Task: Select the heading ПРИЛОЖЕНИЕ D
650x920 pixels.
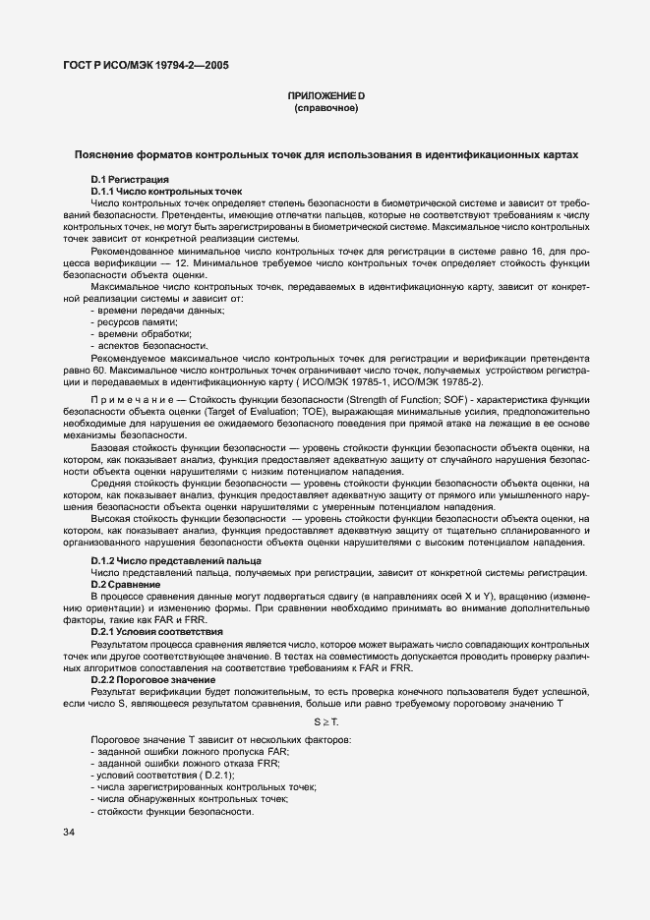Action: click(325, 95)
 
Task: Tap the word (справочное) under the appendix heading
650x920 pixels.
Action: click(325, 107)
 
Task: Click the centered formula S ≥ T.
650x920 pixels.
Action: click(325, 722)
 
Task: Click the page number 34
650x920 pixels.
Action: click(69, 834)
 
